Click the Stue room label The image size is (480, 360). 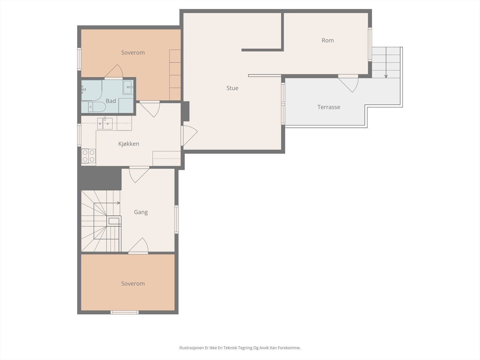pos(232,88)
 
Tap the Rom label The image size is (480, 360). pos(328,40)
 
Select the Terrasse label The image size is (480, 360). pos(329,107)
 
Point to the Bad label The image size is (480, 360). pos(111,101)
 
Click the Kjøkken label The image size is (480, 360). pos(129,144)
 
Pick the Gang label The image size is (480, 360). pos(141,212)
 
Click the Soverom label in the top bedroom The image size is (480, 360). pos(133,53)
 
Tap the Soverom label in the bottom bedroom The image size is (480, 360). pos(133,284)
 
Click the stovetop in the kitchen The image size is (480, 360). pos(88,156)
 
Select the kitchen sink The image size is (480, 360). pos(105,124)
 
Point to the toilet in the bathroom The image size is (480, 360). pos(97,107)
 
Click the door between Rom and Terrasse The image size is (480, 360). pos(348,83)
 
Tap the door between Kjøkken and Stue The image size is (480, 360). pos(189,136)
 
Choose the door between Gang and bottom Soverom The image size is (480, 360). pos(138,246)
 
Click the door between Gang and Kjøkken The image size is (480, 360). pos(139,174)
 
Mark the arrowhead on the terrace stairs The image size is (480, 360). pos(386,76)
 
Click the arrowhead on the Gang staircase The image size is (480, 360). pos(119,203)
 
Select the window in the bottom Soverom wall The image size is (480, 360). pos(124,312)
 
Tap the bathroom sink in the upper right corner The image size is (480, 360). pos(128,87)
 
